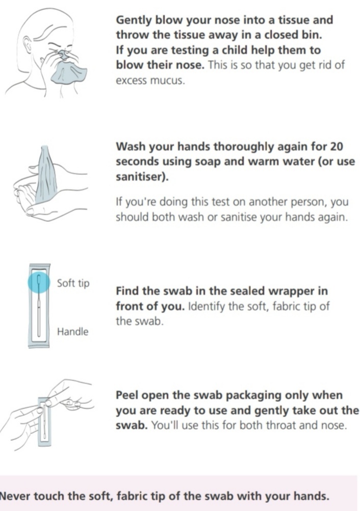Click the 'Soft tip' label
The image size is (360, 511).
(x=73, y=283)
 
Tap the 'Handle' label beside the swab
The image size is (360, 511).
(x=72, y=332)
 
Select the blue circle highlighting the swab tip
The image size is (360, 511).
(x=39, y=282)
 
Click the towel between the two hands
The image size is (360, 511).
(x=45, y=177)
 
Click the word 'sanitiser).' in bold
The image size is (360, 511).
(x=142, y=176)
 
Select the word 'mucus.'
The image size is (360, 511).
(x=167, y=81)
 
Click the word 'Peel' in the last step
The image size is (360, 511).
(x=127, y=395)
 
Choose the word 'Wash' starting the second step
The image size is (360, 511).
(x=131, y=147)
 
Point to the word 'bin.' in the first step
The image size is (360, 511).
(x=312, y=35)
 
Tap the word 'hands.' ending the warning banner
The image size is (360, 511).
(x=311, y=496)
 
